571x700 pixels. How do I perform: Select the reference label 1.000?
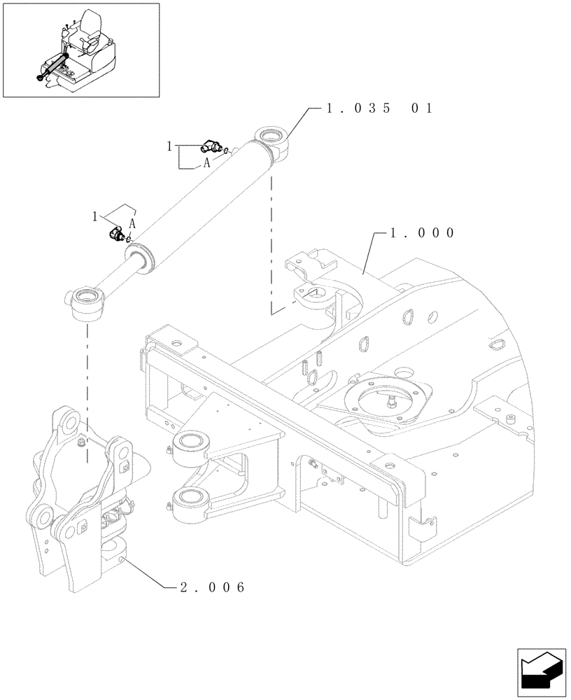(415, 232)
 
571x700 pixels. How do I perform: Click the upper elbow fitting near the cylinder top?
(208, 146)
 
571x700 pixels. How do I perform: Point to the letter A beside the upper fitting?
(206, 162)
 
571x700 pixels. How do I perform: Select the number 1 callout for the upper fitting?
(169, 146)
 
